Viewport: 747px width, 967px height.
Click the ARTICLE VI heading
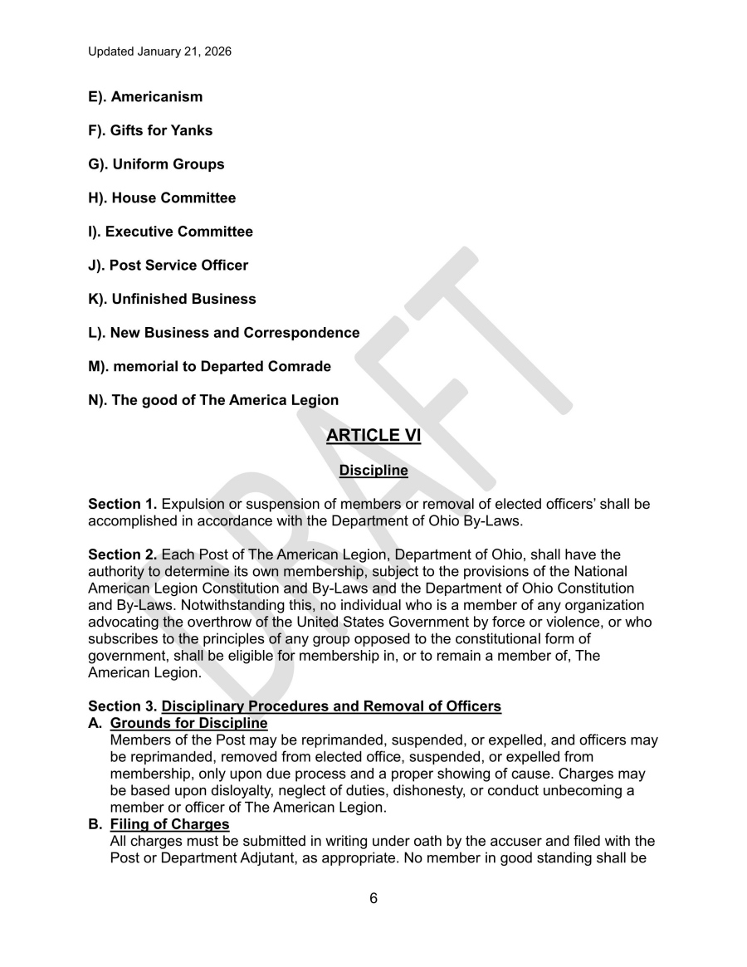pos(373,436)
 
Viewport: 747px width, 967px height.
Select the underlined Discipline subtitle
pos(373,471)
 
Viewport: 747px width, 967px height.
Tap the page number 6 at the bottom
pos(373,898)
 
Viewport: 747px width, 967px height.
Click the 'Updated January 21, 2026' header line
pos(160,51)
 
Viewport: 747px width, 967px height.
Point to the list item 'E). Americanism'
pos(145,97)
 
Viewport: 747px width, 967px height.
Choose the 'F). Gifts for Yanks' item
pos(150,130)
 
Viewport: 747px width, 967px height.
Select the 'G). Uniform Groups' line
pos(156,164)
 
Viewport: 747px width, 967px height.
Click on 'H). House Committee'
pos(162,198)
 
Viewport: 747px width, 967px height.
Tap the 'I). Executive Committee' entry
pos(170,232)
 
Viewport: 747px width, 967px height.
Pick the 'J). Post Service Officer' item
pos(168,266)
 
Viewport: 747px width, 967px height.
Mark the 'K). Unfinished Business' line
pos(172,299)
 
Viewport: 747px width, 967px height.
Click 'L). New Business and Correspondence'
pos(224,333)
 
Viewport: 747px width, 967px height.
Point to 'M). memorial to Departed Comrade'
pos(209,366)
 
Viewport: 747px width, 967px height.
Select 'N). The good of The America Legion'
pos(213,400)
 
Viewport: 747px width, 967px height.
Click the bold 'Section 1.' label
pos(122,505)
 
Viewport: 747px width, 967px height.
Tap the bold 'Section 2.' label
pos(122,554)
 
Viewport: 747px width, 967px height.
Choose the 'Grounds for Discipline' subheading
pos(188,723)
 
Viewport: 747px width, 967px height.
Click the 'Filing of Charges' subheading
pos(169,824)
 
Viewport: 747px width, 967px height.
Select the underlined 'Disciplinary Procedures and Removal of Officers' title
pos(331,706)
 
